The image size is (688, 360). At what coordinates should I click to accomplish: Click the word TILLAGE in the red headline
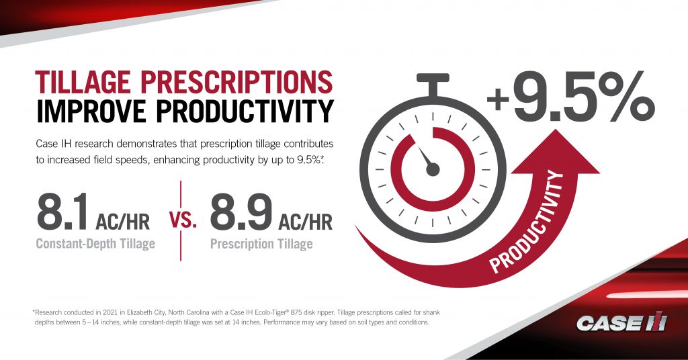pyautogui.click(x=83, y=81)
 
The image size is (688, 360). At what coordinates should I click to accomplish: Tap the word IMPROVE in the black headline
pyautogui.click(x=91, y=111)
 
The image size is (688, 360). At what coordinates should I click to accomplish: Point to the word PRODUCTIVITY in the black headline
pyautogui.click(x=245, y=111)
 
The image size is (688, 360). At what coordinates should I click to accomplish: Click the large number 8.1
pyautogui.click(x=62, y=213)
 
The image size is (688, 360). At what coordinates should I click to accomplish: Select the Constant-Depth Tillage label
pyautogui.click(x=95, y=243)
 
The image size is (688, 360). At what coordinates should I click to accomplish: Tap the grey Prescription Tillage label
pyautogui.click(x=261, y=243)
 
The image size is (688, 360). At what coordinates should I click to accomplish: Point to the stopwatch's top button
pyautogui.click(x=433, y=78)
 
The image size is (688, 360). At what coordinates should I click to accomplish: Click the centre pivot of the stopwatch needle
pyautogui.click(x=433, y=169)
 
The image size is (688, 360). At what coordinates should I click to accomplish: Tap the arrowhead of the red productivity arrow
pyautogui.click(x=557, y=151)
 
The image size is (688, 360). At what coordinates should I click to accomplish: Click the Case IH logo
pyautogui.click(x=621, y=323)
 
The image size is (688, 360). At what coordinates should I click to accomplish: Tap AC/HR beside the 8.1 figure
pyautogui.click(x=124, y=222)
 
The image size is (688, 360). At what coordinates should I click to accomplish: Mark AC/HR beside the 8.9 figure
pyautogui.click(x=306, y=222)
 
